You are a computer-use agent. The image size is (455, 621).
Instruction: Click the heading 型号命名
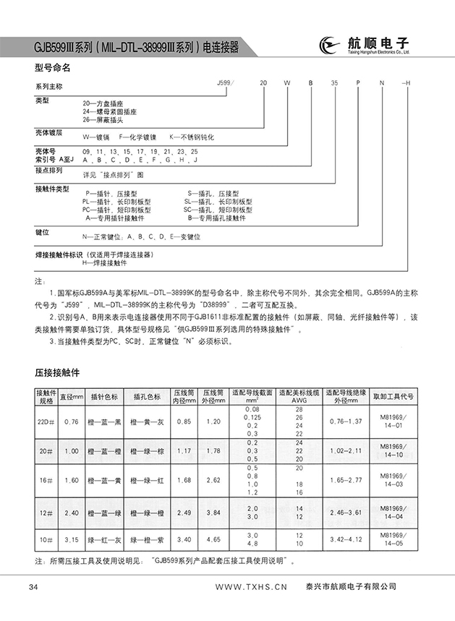(53, 69)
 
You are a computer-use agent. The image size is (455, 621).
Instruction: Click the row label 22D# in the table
(46, 421)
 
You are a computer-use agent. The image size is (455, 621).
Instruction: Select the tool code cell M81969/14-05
(394, 541)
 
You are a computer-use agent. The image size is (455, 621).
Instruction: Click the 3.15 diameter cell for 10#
(71, 539)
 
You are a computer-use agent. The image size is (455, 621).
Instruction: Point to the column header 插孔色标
(147, 397)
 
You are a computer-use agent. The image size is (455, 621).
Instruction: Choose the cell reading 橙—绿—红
(147, 479)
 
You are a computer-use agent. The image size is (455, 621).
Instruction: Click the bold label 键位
(42, 233)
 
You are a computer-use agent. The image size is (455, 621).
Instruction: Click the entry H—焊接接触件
(109, 264)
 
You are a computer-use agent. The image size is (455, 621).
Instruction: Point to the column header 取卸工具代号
(394, 397)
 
